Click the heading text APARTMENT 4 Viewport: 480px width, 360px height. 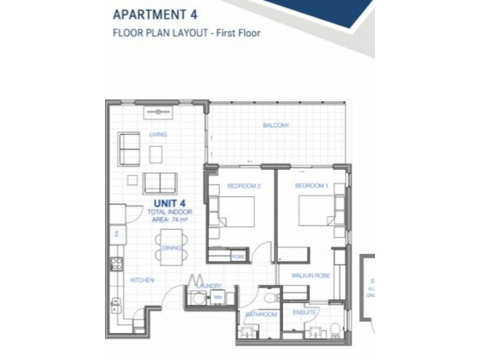(x=155, y=14)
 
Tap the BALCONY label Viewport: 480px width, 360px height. (x=276, y=125)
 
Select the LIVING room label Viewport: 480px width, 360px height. (x=158, y=134)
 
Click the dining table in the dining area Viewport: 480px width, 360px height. (x=171, y=247)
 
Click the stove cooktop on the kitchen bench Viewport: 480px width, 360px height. (x=116, y=263)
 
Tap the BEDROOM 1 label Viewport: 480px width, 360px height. (x=311, y=186)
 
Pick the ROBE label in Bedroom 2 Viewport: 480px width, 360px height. (x=238, y=257)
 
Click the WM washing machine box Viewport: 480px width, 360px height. (x=216, y=298)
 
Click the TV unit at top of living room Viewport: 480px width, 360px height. (x=158, y=112)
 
